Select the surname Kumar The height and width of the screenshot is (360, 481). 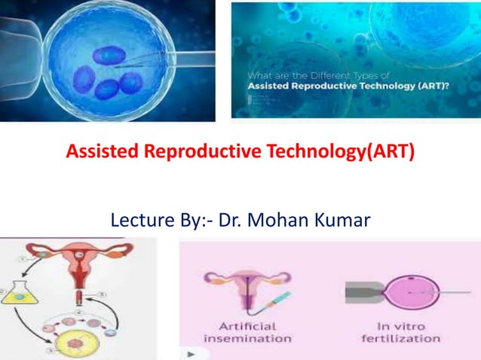point(345,221)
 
